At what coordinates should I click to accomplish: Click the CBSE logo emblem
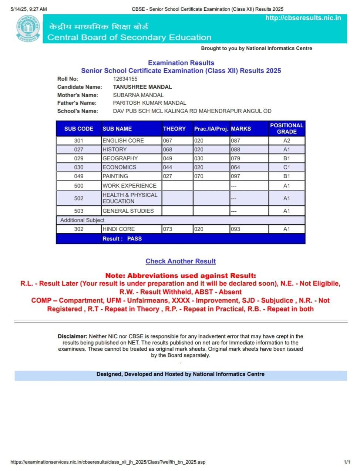[28, 28]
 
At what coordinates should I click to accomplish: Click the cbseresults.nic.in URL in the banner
[303, 18]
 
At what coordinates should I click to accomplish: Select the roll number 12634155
[125, 79]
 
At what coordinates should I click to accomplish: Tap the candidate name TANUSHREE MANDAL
[142, 87]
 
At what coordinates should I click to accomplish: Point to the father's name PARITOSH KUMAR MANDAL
[149, 103]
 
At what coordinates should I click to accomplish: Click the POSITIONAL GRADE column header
[287, 128]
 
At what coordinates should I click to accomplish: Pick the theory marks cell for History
[168, 149]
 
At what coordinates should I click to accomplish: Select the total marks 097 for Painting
[235, 176]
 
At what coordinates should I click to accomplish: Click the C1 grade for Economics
[287, 167]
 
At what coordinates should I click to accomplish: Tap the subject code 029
[79, 158]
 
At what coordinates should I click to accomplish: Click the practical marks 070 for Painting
[199, 176]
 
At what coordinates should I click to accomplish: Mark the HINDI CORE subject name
[118, 229]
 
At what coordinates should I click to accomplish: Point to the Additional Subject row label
[82, 220]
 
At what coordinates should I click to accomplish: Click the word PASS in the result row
[134, 239]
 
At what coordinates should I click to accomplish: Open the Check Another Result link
[181, 261]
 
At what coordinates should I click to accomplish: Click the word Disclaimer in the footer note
[72, 336]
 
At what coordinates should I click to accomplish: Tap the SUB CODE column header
[79, 129]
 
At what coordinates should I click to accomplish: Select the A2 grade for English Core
[287, 141]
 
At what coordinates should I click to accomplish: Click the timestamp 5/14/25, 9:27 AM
[29, 9]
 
